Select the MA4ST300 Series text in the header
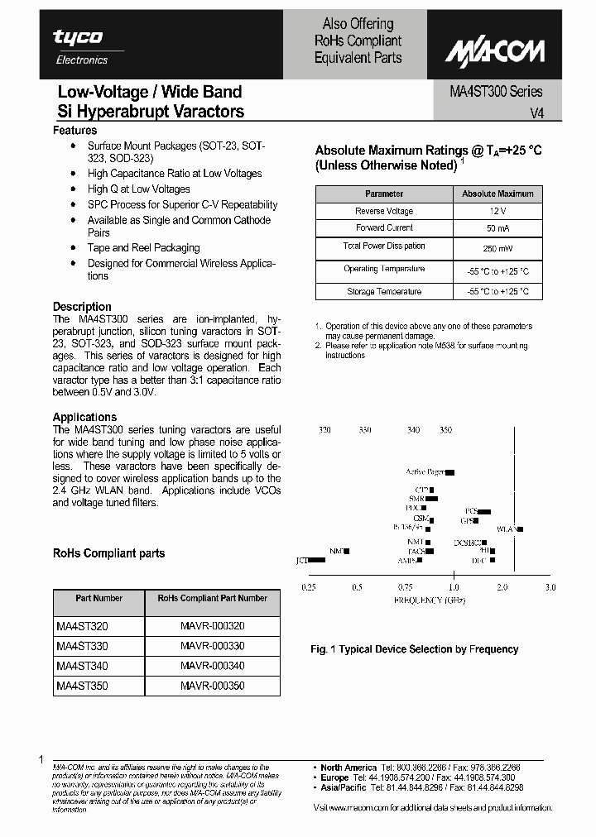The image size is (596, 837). pos(490,92)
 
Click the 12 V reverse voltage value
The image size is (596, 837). pos(497,212)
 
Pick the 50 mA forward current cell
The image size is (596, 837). pos(497,228)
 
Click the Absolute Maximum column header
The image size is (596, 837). pos(497,194)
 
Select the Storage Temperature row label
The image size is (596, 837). pos(384,292)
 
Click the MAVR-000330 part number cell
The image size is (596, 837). pos(213,646)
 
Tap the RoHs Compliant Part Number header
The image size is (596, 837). pos(213,598)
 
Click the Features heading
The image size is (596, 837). pos(74,131)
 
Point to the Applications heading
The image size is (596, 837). pos(84,417)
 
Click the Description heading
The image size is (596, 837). pos(82,306)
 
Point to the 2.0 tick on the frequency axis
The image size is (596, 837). pos(502,587)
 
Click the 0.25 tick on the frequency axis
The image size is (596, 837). pos(309,587)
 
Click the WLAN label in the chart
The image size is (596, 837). pos(506,529)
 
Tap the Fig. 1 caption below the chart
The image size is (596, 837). pos(414,649)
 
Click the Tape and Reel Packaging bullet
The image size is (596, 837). pos(144,248)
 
